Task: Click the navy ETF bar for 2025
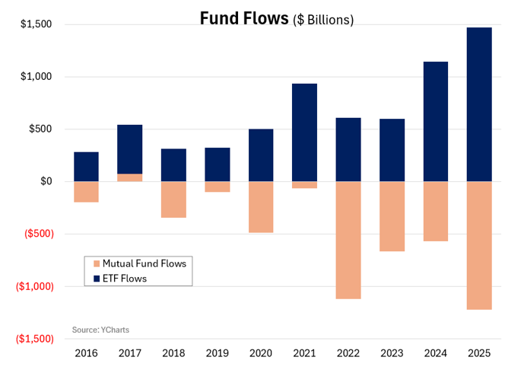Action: (x=479, y=104)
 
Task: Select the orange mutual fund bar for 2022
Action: (x=348, y=241)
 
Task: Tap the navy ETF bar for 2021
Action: (x=304, y=132)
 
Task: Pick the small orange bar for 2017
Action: (x=129, y=177)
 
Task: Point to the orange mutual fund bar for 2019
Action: (x=218, y=186)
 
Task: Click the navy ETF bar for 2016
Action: (x=86, y=167)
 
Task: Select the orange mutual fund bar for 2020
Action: (x=261, y=207)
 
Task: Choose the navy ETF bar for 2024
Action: (x=436, y=122)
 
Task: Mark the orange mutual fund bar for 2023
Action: (x=392, y=216)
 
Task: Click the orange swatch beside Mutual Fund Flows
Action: (x=97, y=263)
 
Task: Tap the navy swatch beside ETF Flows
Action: (x=97, y=279)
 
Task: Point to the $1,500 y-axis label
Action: (x=36, y=24)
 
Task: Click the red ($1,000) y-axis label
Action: (x=35, y=286)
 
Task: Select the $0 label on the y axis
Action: (x=46, y=181)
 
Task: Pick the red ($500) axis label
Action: (x=39, y=234)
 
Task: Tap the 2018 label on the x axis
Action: (x=173, y=353)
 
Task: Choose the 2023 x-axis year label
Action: (x=392, y=353)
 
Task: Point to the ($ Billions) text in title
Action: (x=323, y=20)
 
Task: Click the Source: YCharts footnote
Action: (x=100, y=330)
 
